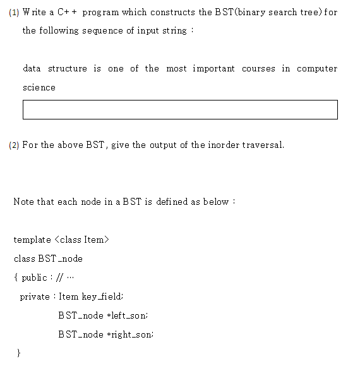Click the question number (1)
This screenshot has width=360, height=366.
pyautogui.click(x=14, y=13)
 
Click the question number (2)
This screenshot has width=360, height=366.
pyautogui.click(x=14, y=145)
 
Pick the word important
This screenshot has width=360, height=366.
pyautogui.click(x=213, y=68)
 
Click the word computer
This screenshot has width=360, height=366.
pyautogui.click(x=317, y=69)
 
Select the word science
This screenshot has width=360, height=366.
pyautogui.click(x=39, y=87)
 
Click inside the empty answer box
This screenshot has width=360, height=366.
pyautogui.click(x=180, y=109)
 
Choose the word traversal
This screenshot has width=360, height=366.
pyautogui.click(x=263, y=145)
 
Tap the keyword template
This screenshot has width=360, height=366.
pyautogui.click(x=32, y=240)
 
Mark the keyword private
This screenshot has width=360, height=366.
pyautogui.click(x=34, y=296)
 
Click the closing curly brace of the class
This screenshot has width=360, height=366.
pyautogui.click(x=18, y=353)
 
